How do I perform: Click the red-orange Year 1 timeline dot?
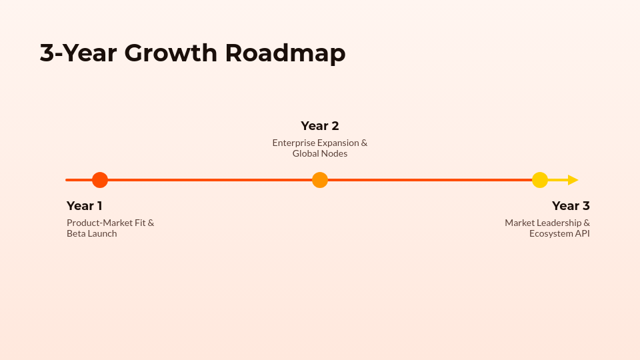point(100,180)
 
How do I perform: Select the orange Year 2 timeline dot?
point(320,180)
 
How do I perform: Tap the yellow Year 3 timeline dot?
point(540,180)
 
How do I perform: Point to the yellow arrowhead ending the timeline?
point(573,180)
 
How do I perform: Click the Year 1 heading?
point(85,206)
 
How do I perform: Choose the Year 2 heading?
point(320,126)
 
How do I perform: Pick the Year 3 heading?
point(571,206)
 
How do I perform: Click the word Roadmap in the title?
point(285,53)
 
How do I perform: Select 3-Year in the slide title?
point(77,53)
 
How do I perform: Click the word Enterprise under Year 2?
point(293,143)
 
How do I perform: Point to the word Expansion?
point(338,143)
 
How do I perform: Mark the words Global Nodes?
point(320,153)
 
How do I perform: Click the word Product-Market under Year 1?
point(99,223)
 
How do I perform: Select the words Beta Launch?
point(92,233)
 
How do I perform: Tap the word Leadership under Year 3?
point(558,223)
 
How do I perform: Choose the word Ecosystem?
point(551,233)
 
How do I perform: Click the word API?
point(582,233)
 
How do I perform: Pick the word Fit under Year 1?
point(140,223)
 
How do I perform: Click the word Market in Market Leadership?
point(519,223)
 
